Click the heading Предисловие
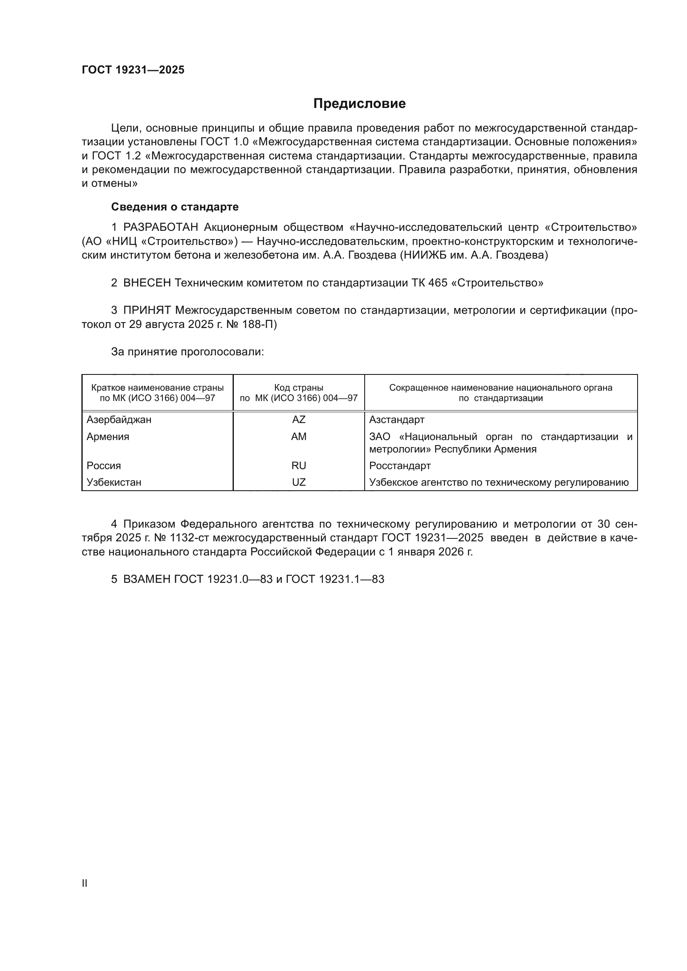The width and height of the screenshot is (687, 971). [x=359, y=104]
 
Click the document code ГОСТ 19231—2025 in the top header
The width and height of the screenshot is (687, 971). [x=133, y=70]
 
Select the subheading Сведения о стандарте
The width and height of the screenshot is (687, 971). [x=175, y=207]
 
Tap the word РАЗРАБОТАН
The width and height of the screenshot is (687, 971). [x=161, y=227]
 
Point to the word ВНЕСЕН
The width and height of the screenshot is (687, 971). [x=147, y=283]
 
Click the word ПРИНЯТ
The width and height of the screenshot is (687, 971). [x=147, y=311]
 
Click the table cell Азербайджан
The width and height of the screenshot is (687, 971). [x=119, y=420]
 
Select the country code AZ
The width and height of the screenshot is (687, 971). [x=299, y=420]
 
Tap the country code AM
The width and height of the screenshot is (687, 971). [x=299, y=436]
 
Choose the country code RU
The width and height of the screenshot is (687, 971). [x=299, y=466]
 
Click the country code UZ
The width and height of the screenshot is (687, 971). [x=299, y=482]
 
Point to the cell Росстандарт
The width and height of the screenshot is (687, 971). [x=400, y=466]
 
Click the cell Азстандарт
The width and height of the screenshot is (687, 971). [x=397, y=420]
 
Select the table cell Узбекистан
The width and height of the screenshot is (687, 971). [x=114, y=482]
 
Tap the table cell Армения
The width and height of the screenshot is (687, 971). [x=108, y=436]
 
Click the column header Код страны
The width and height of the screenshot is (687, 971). [x=299, y=388]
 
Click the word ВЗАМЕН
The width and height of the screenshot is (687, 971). [x=147, y=579]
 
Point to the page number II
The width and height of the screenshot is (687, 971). [x=85, y=883]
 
